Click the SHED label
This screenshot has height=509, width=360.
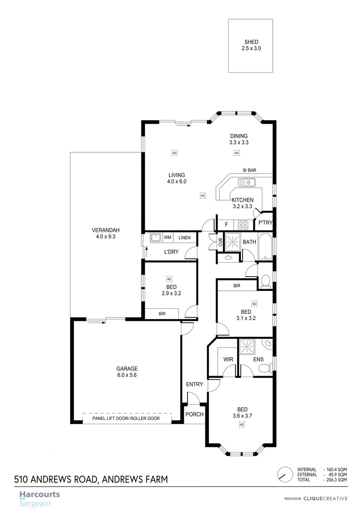(x=250, y=42)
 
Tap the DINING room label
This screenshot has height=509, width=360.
(x=238, y=136)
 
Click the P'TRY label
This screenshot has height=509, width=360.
(x=265, y=223)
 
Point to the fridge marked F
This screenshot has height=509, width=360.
(x=226, y=224)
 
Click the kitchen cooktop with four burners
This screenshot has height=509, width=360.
(x=244, y=224)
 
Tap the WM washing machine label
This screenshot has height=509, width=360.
(x=167, y=237)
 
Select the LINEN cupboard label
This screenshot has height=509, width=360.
(x=185, y=238)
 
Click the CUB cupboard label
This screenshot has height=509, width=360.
(x=220, y=242)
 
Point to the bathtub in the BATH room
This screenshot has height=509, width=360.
(x=265, y=246)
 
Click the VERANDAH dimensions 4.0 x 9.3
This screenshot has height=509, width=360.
(x=106, y=237)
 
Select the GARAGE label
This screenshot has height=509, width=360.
(x=126, y=369)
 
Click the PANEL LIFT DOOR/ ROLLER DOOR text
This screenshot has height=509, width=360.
(x=126, y=419)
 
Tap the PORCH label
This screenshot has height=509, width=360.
(x=195, y=415)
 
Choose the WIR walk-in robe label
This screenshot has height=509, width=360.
(x=229, y=360)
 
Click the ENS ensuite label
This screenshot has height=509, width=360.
(x=258, y=360)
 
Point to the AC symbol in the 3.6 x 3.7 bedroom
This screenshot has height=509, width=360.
(x=242, y=425)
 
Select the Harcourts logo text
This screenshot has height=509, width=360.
(x=40, y=494)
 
